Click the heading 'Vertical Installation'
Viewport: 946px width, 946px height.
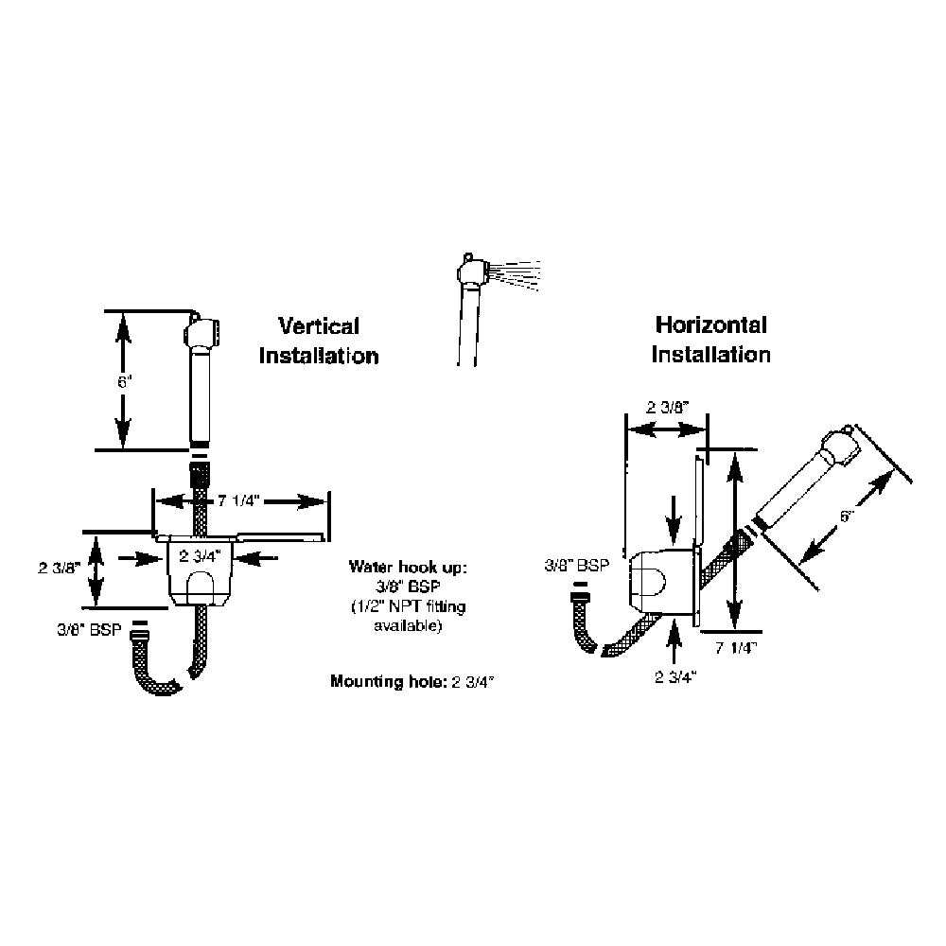[x=319, y=341]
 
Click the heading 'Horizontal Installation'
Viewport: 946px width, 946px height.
[x=711, y=340]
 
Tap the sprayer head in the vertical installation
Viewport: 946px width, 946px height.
[x=200, y=334]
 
